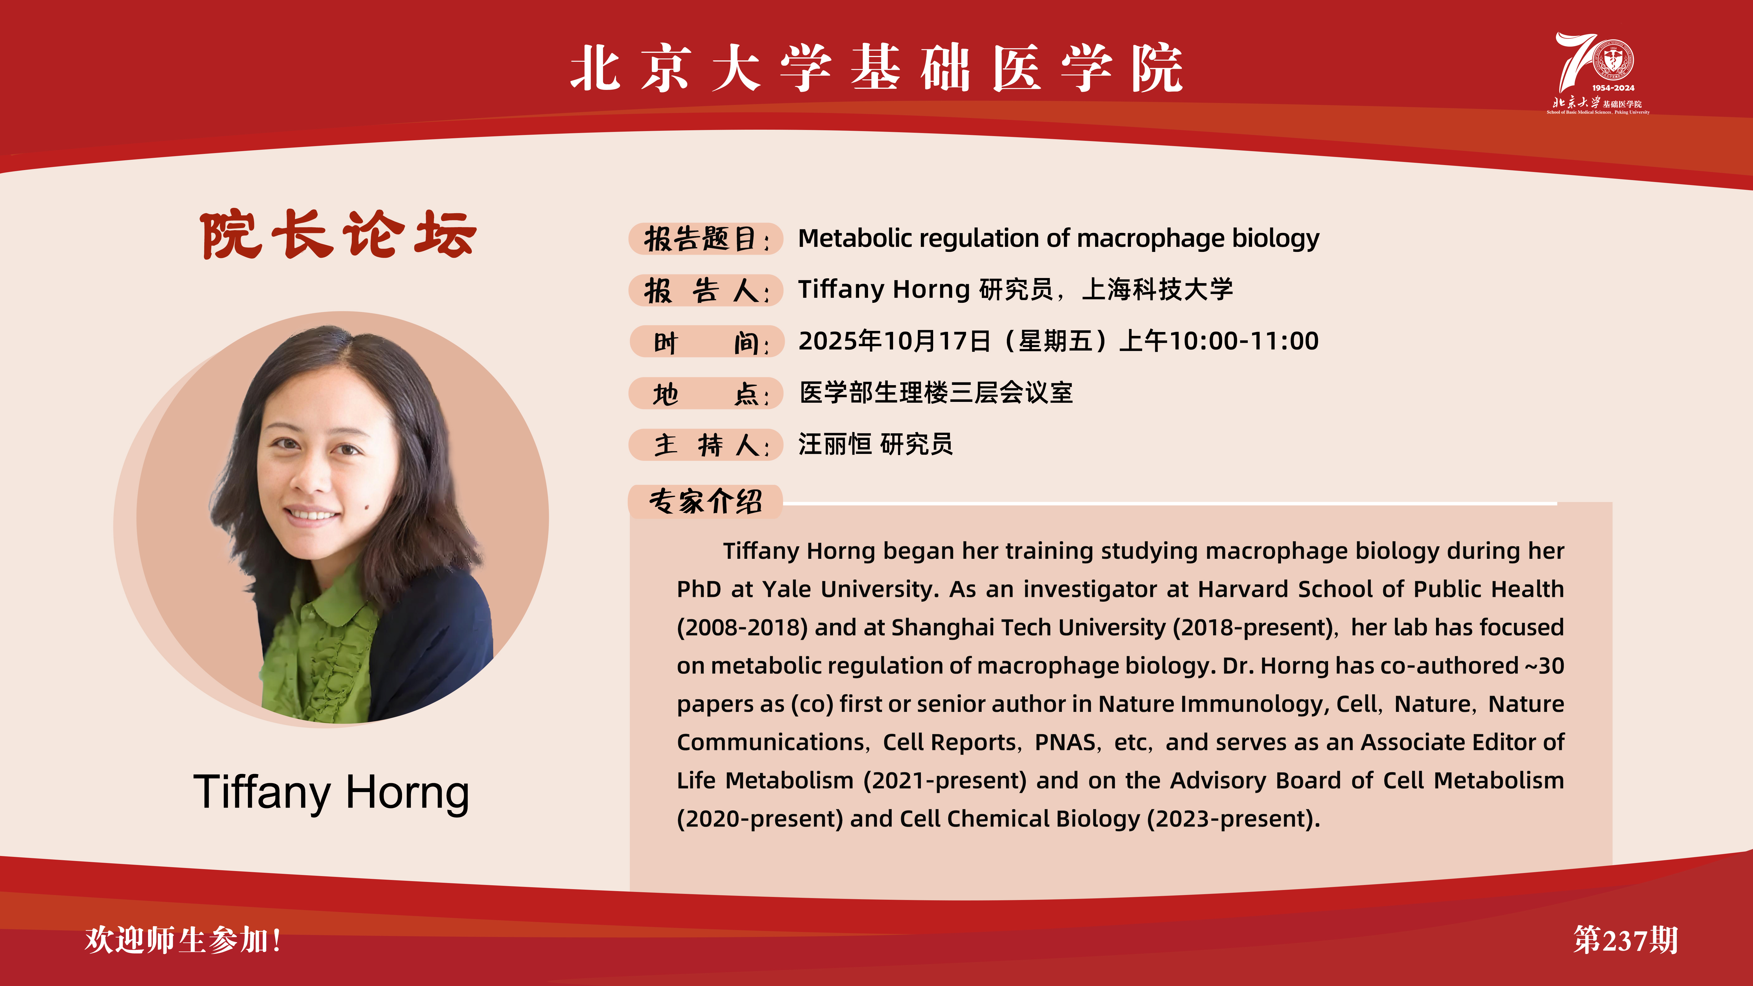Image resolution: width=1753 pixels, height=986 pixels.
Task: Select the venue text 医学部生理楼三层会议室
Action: pyautogui.click(x=936, y=393)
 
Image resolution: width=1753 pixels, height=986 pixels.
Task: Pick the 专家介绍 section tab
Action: pyautogui.click(x=706, y=501)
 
